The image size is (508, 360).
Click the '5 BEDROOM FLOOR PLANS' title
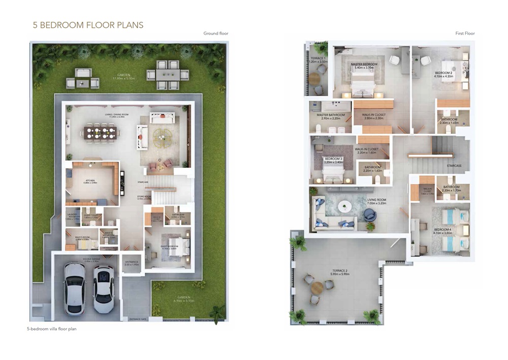tap(88, 24)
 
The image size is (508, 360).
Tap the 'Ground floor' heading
tap(216, 34)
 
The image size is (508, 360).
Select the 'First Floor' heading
tap(465, 34)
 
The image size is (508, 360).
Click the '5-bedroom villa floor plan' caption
tap(51, 329)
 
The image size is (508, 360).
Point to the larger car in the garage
tap(74, 289)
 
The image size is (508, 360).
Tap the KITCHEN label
tap(90, 181)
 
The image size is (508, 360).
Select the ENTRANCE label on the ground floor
tap(131, 263)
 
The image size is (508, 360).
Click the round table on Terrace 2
tap(316, 288)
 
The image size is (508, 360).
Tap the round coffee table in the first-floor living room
tap(345, 206)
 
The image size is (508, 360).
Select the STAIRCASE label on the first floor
tap(454, 165)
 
